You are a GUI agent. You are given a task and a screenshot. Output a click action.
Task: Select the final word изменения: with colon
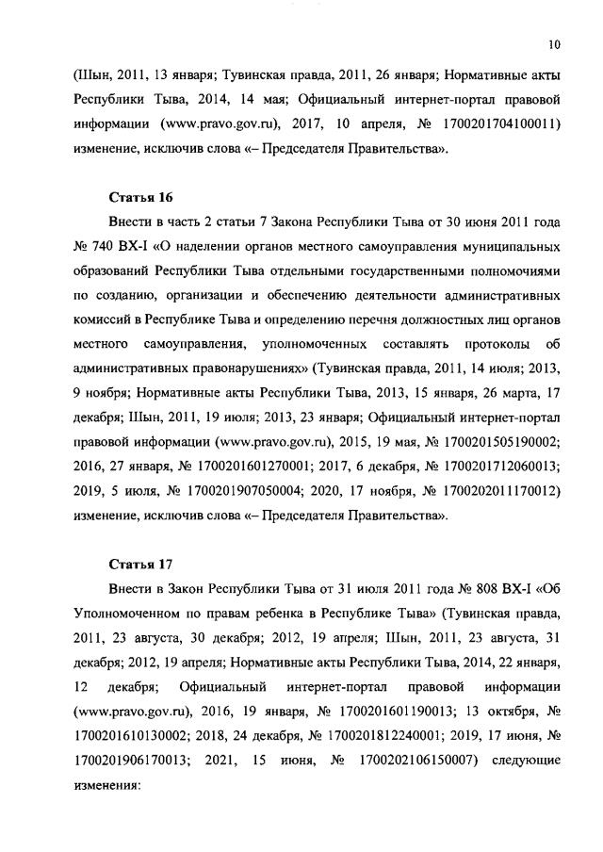pyautogui.click(x=106, y=785)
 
